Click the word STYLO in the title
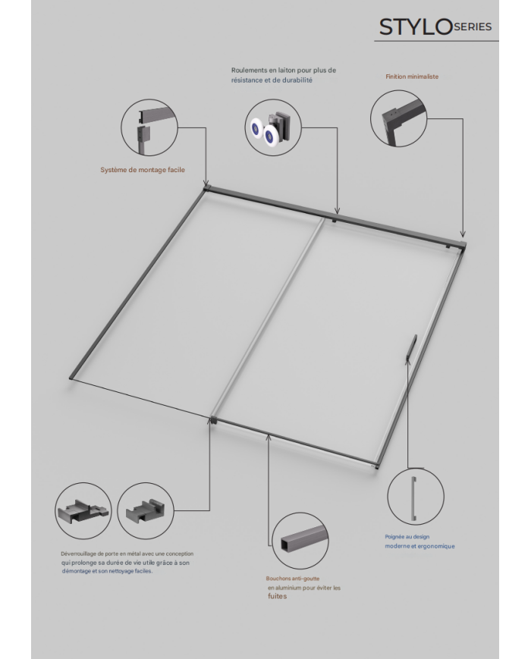point(416,27)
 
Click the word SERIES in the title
point(473,27)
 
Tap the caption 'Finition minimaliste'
point(412,77)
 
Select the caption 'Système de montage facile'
point(143,170)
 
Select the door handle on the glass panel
point(410,347)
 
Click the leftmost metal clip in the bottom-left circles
point(83,510)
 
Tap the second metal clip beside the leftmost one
point(145,510)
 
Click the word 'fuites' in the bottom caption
point(278,596)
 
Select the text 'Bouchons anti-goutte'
point(292,579)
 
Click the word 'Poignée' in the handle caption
point(394,537)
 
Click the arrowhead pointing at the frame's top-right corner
point(463,235)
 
